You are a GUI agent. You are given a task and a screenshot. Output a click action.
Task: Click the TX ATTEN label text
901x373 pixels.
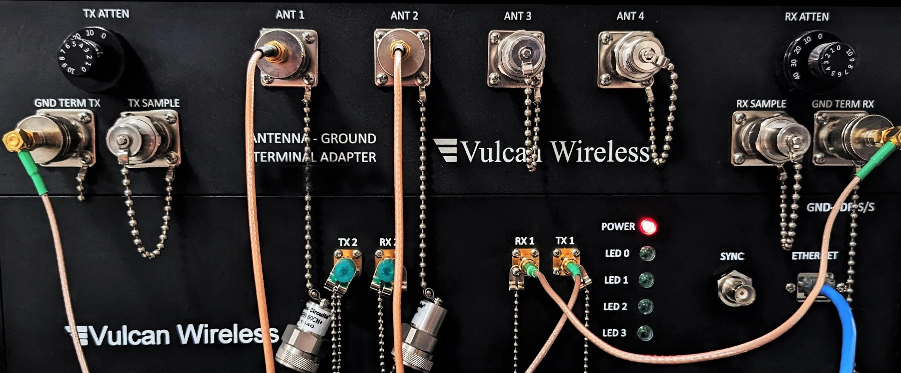click(x=106, y=14)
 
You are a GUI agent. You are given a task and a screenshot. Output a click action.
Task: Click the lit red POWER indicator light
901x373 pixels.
click(x=648, y=227)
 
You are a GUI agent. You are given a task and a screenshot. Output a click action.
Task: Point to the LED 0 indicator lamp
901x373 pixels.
click(x=647, y=254)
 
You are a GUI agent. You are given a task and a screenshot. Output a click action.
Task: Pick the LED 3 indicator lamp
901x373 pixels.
click(x=645, y=333)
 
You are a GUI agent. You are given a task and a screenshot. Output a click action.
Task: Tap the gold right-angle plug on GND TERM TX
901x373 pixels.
click(x=16, y=140)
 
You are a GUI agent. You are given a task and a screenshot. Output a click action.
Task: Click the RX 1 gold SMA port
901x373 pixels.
click(x=525, y=265)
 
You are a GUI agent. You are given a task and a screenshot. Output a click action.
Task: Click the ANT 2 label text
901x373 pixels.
click(x=404, y=16)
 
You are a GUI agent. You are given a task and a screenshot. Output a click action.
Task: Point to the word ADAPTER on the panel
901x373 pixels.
click(x=348, y=157)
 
